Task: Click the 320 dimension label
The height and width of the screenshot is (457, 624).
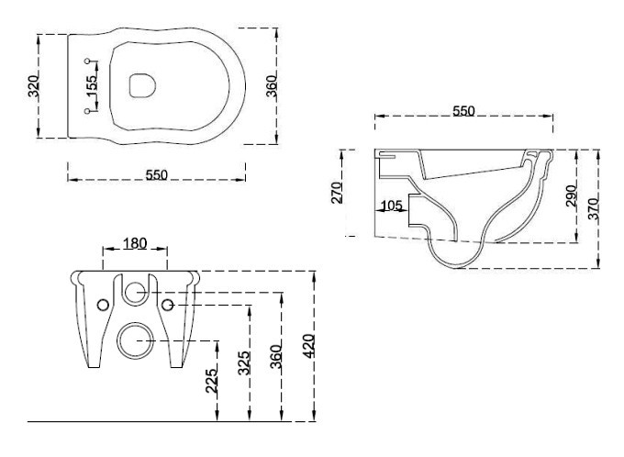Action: click(34, 86)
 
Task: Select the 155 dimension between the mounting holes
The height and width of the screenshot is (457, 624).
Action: click(92, 86)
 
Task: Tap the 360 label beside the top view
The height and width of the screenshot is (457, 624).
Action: click(272, 86)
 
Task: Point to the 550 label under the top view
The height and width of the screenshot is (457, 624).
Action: click(156, 174)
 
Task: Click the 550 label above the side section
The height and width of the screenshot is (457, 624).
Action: click(463, 111)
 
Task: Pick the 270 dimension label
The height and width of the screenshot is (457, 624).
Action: click(337, 193)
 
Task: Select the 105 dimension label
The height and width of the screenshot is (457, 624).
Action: click(392, 206)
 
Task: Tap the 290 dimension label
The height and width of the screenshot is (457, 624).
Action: click(571, 195)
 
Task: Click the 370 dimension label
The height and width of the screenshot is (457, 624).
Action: click(593, 208)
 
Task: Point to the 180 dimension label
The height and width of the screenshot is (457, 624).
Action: click(135, 243)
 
